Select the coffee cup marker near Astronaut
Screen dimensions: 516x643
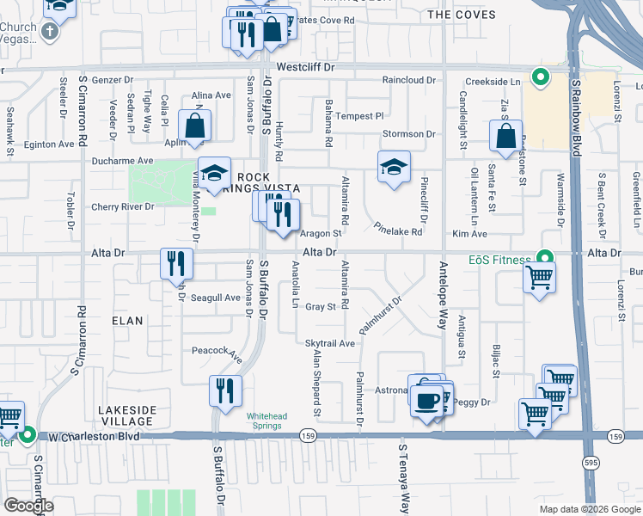click(x=427, y=400)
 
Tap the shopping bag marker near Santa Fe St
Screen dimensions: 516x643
click(x=505, y=136)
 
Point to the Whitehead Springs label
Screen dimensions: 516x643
click(x=272, y=421)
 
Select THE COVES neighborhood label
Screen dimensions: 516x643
click(x=462, y=15)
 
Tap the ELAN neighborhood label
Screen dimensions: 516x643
click(x=127, y=318)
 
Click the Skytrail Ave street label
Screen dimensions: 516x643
click(x=330, y=343)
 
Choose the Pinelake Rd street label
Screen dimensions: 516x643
click(x=398, y=231)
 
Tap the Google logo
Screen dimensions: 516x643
click(x=28, y=506)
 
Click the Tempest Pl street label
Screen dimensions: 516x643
click(x=360, y=116)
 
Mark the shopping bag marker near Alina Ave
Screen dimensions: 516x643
click(x=196, y=126)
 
